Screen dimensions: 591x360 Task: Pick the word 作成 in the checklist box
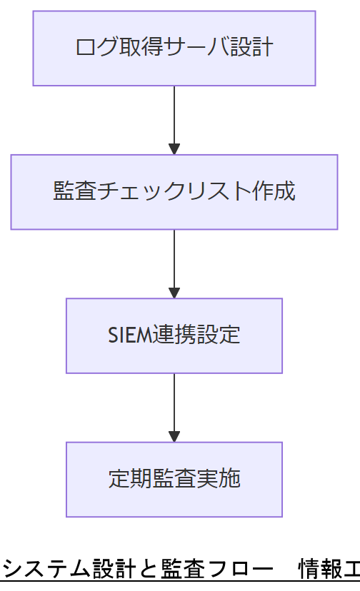(274, 192)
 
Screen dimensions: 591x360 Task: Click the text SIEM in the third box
(129, 335)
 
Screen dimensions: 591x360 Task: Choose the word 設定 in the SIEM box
(219, 335)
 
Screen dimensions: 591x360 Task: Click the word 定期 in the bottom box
(130, 479)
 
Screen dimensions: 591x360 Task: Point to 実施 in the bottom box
(219, 479)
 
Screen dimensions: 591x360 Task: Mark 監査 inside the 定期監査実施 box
(174, 479)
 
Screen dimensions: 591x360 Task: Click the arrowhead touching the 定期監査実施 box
(174, 436)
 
